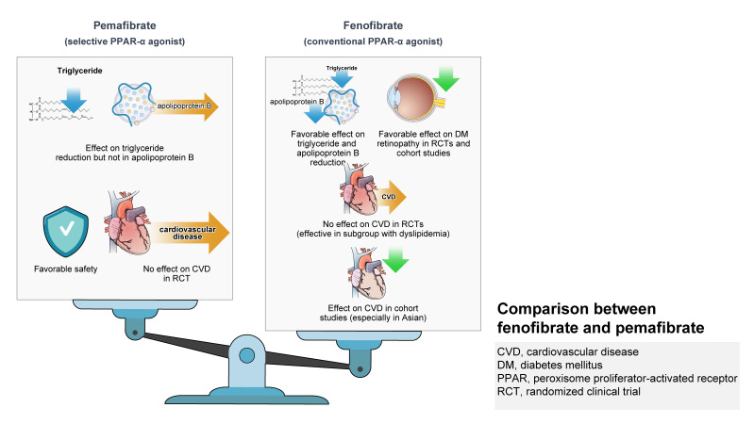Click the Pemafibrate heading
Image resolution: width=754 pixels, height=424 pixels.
125,25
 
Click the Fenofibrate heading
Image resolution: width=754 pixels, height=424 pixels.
373,25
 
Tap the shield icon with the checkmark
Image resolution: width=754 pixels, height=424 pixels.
66,232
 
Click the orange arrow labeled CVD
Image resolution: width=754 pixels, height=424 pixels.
391,197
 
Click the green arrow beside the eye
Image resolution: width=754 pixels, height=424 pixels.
446,79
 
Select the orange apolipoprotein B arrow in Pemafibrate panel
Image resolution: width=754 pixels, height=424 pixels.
185,106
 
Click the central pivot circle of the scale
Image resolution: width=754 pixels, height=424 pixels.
246,356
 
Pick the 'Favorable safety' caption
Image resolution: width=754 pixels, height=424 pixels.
66,269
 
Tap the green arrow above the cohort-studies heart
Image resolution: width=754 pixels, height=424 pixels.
395,260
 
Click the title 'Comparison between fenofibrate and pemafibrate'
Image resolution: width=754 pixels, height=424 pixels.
600,318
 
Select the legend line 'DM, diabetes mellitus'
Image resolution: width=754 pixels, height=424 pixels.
549,365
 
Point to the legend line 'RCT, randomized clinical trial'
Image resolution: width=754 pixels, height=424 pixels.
569,391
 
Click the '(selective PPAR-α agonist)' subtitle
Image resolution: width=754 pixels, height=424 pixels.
125,41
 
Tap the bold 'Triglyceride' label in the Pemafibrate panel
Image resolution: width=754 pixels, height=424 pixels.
80,71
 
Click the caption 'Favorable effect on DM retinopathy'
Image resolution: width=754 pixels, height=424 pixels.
423,139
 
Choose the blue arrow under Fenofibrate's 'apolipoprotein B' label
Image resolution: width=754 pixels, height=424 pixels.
315,113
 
